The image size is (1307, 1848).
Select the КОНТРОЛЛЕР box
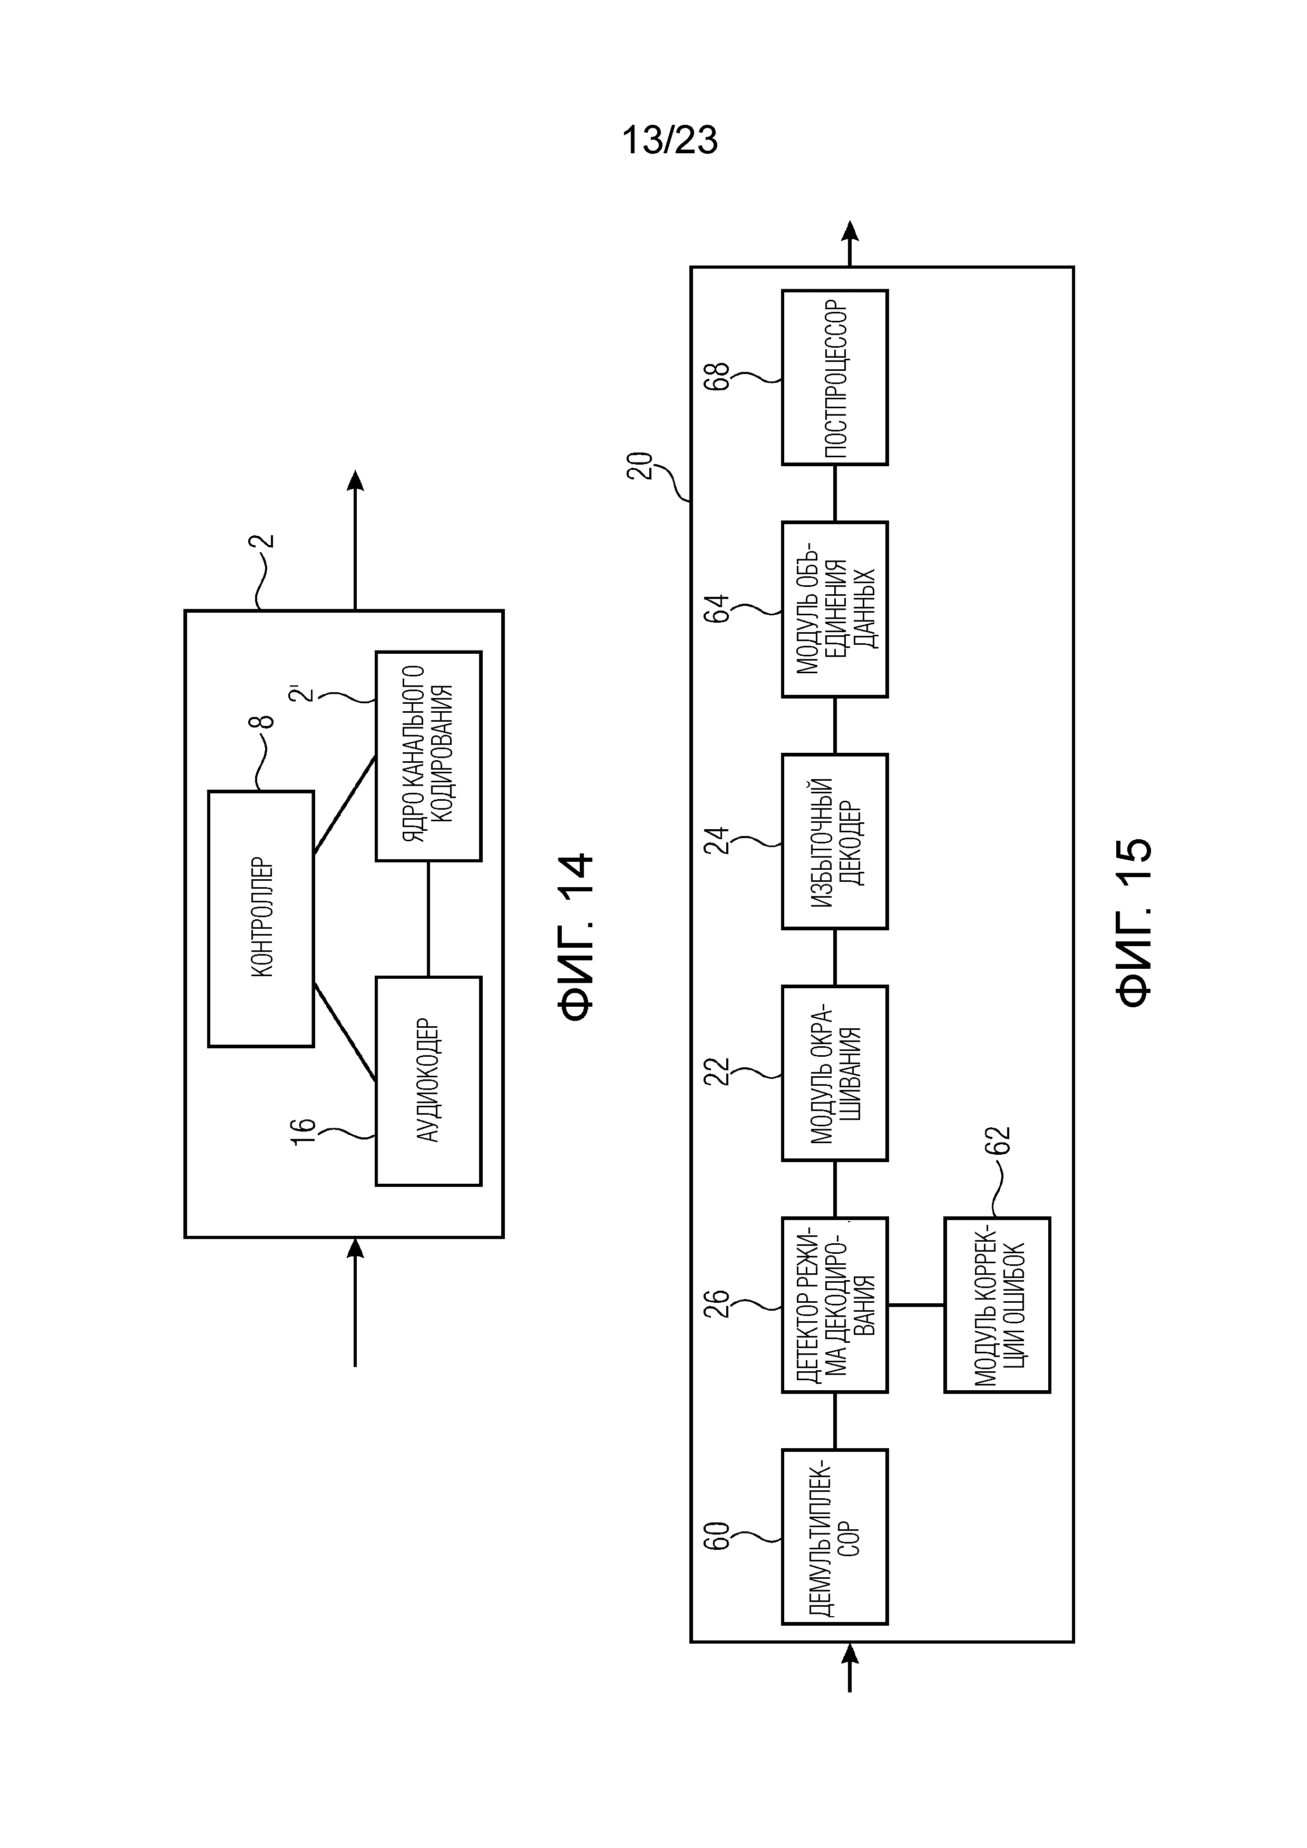point(261,918)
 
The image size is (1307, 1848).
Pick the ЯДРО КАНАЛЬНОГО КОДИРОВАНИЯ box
point(428,756)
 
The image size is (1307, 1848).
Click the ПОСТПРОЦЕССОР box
point(835,378)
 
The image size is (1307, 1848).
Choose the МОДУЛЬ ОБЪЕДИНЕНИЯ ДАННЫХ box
point(835,610)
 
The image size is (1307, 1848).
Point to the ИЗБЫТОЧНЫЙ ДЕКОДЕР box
point(835,841)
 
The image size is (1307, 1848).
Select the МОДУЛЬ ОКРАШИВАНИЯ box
point(835,1073)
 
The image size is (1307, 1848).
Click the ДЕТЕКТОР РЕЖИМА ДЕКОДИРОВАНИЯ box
point(835,1305)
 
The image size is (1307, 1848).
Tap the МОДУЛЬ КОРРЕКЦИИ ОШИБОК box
point(997,1305)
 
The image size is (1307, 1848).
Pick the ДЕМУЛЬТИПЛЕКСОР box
point(835,1537)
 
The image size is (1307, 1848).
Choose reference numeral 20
point(640,466)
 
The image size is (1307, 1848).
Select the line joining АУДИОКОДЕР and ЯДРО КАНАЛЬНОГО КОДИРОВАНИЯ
point(428,919)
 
